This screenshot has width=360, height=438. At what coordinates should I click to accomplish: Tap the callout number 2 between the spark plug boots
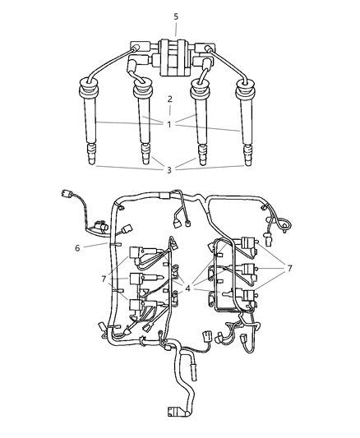coord(169,99)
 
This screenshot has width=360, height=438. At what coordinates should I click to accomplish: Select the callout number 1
coord(169,125)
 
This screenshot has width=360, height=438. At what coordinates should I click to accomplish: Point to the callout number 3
coord(169,169)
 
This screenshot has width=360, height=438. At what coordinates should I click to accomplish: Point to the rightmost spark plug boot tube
coord(244,123)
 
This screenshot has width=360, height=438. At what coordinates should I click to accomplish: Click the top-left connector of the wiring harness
coord(67,196)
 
